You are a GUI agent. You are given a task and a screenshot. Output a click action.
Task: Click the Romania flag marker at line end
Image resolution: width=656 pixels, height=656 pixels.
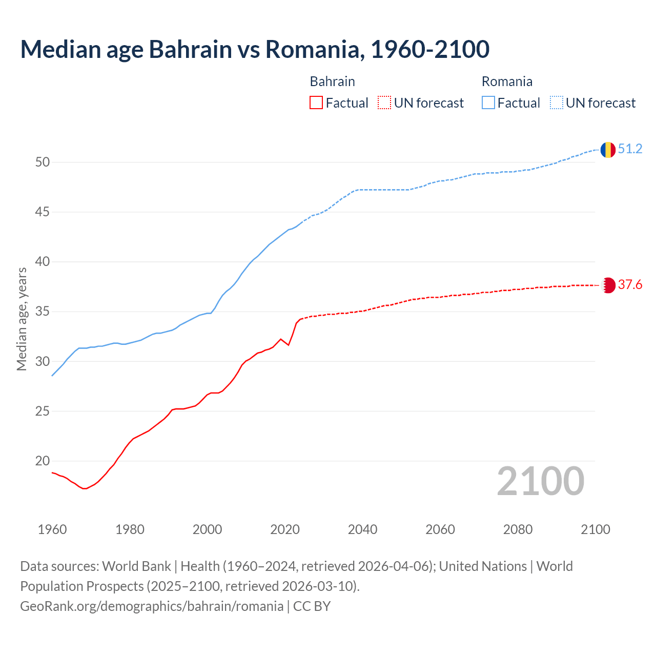pos(608,150)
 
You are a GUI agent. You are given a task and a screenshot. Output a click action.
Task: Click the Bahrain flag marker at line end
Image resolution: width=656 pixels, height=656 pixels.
pos(608,285)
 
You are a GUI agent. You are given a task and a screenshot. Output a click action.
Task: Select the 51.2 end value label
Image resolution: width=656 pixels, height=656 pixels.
pos(630,149)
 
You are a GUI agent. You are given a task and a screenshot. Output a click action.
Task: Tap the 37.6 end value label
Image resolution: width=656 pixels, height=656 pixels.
pos(630,285)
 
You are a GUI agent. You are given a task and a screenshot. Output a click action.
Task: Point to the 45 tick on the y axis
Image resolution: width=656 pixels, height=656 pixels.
pos(43,212)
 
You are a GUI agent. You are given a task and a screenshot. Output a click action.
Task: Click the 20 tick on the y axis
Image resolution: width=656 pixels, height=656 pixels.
pos(43,461)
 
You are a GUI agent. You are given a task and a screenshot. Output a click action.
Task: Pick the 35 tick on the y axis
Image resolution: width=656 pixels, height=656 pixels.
pos(43,312)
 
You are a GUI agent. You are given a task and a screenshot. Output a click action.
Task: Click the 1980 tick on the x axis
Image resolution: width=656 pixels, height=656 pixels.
pos(130,529)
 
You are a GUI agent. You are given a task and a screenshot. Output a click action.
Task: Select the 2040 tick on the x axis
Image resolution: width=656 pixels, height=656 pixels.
pos(362,529)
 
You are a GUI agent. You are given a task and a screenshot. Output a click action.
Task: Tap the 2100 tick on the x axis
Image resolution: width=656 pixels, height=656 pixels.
pos(595,529)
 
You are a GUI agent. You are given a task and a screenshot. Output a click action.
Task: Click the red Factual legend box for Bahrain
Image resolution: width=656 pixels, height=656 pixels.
pos(316,102)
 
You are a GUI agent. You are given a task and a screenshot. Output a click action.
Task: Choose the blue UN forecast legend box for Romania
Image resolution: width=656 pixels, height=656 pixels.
pos(557,102)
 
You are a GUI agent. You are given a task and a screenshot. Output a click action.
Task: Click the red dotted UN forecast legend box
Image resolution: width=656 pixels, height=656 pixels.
pos(384,102)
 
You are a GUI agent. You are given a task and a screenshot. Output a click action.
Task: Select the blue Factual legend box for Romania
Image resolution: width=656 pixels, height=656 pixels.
pos(488,102)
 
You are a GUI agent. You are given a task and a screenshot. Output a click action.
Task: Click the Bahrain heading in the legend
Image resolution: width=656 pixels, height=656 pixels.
pos(332,81)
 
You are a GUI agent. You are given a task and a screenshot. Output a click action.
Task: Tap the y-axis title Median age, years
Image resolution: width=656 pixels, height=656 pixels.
pos(22,319)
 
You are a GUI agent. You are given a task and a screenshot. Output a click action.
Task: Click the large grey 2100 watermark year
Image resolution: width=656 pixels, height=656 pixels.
pos(540,481)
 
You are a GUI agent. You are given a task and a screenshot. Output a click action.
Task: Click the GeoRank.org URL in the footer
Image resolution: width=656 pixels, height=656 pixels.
pos(152,606)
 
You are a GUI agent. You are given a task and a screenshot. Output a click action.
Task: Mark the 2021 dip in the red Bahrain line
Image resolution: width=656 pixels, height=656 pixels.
pos(289,345)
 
